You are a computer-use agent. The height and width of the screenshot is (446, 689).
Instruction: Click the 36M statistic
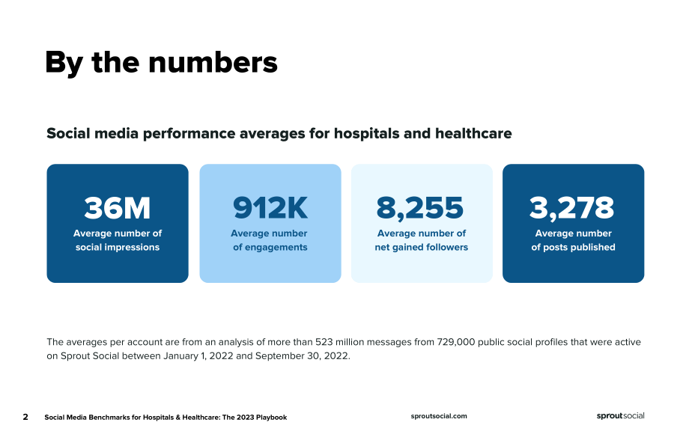[118, 207]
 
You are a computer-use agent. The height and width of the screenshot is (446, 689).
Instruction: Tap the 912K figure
[270, 207]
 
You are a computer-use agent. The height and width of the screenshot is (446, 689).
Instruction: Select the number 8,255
[420, 208]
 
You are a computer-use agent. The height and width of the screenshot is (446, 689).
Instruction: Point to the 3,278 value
[571, 208]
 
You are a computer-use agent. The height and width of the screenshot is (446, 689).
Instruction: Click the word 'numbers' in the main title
[213, 62]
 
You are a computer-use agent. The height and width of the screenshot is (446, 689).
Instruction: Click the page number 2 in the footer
[25, 417]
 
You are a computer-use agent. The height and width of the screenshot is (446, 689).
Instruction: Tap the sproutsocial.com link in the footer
[439, 416]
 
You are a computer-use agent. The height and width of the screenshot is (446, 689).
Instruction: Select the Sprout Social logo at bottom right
[620, 416]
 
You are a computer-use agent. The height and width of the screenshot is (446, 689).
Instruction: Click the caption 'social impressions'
[118, 247]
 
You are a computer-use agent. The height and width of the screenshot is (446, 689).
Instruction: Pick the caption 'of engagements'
[270, 247]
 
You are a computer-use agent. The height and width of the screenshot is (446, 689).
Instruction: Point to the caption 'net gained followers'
[422, 247]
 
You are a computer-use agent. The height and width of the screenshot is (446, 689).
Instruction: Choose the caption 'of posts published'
[573, 247]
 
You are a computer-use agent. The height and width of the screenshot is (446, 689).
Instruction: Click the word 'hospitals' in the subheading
[366, 133]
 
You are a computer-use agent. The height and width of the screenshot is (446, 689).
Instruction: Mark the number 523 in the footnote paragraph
[324, 342]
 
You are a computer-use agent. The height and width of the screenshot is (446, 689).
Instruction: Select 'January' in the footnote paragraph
[181, 355]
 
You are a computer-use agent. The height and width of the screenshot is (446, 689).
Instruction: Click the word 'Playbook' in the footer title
[272, 417]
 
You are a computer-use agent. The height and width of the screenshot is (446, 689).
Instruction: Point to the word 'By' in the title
[64, 63]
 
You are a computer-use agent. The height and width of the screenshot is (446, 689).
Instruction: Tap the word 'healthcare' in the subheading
[473, 133]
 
